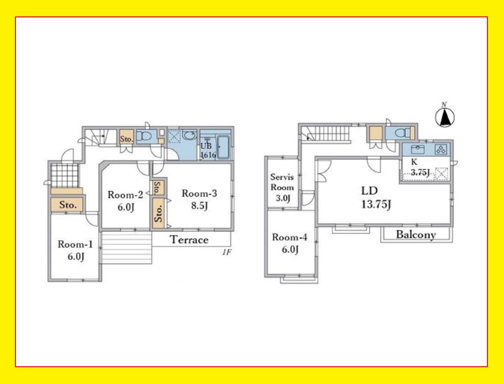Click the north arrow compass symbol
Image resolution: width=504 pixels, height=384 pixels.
tap(445, 117)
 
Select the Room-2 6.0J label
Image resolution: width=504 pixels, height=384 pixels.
tap(125, 201)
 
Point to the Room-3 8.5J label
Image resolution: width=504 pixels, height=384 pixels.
tap(199, 199)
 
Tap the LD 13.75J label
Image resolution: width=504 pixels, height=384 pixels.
tap(376, 197)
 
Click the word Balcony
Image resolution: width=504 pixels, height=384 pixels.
tap(416, 235)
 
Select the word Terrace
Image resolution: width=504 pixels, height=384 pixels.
tap(189, 240)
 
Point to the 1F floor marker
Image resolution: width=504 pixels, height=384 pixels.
tap(227, 252)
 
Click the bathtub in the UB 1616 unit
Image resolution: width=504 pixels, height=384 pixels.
tap(223, 147)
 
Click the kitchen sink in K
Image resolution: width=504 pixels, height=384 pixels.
tap(418, 149)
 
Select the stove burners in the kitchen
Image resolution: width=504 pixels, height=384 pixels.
tap(441, 150)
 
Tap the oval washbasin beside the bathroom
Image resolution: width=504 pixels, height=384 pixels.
tap(189, 135)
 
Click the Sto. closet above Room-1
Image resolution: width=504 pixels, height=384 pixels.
tap(67, 204)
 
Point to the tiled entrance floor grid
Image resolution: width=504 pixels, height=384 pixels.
tap(64, 176)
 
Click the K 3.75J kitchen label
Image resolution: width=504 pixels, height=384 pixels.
tap(420, 167)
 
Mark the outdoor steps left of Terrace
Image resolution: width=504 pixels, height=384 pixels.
tap(126, 248)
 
